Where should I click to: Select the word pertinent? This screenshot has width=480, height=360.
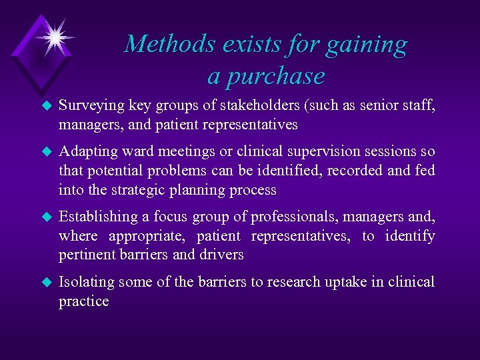(85, 255)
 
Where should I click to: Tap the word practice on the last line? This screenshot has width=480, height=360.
(83, 301)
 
